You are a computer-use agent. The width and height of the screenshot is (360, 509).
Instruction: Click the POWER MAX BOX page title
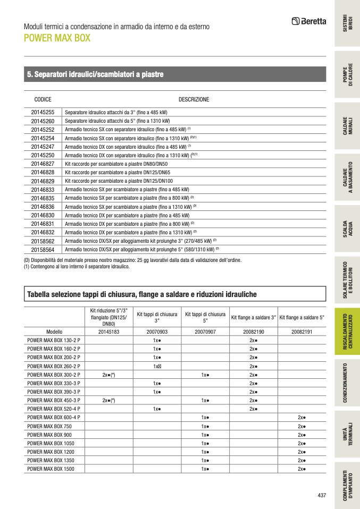coord(57,38)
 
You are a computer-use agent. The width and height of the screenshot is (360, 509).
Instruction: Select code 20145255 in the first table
coord(43,113)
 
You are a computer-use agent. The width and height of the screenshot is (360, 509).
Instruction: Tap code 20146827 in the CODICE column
coord(43,164)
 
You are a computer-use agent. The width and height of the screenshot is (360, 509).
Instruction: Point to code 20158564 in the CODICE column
coord(43,249)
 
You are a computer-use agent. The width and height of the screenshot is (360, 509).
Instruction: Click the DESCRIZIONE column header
coord(194,99)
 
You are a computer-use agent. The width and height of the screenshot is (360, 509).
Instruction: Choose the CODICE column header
coord(43,99)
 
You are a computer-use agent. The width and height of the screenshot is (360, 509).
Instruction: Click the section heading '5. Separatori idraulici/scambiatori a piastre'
coord(95,74)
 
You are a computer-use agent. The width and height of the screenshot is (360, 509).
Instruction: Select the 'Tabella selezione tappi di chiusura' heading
coord(142,294)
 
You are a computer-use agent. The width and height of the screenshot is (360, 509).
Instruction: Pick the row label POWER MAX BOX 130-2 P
coord(54,341)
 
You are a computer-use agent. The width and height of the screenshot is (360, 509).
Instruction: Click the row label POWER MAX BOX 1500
coord(47,469)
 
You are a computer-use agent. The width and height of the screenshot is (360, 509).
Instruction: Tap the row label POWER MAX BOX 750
coord(46,426)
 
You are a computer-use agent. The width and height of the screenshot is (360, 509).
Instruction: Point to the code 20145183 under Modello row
coord(109,332)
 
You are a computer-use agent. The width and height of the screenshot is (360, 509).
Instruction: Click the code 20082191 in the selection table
coord(302,332)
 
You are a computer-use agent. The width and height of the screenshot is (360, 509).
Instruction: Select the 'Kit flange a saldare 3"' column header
coord(253,318)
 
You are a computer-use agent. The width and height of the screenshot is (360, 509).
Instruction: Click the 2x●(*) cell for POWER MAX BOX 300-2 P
coord(109,375)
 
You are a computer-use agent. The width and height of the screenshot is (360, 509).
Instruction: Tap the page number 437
coord(321,495)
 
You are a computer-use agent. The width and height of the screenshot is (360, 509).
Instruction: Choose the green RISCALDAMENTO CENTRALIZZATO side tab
coord(347,332)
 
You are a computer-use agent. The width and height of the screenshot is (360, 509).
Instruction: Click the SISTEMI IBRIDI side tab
coord(347,23)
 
